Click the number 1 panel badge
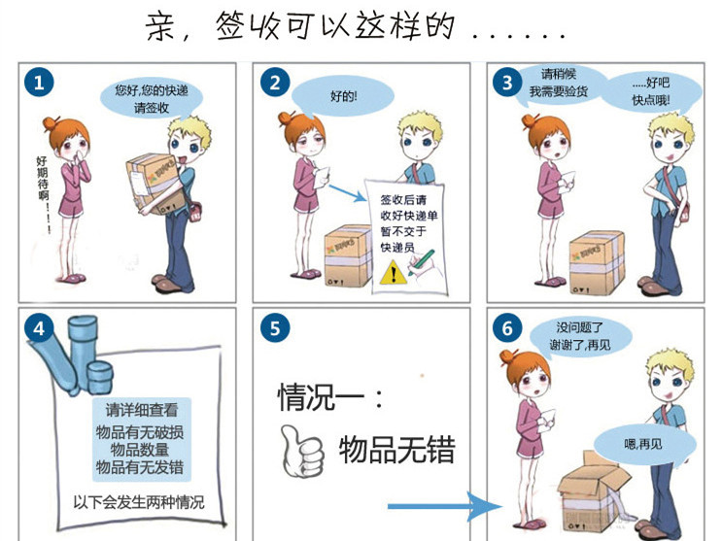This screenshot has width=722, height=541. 39,83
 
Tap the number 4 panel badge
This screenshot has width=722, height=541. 39,328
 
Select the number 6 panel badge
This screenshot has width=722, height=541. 507,328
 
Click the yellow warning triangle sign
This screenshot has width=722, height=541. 394,272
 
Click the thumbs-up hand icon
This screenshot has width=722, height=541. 301,451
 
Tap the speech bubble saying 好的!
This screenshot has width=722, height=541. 343,96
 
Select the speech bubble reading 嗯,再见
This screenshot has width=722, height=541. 643,444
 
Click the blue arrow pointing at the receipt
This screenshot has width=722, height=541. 347,193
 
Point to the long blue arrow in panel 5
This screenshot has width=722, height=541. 445,506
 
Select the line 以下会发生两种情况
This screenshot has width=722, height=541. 139,502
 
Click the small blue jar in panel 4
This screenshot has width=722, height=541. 100,377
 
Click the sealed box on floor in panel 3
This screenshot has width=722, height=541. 597,262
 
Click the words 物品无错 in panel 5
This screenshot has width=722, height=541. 397,450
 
